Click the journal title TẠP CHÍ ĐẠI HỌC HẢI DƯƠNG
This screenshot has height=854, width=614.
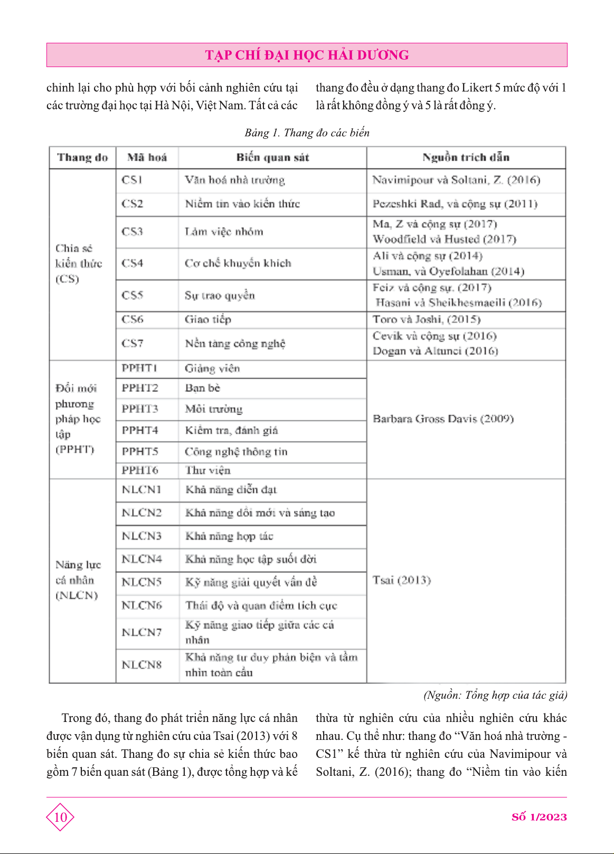[x=307, y=55]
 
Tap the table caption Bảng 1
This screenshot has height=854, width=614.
[x=307, y=133]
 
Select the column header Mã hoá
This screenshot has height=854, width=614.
[x=147, y=157]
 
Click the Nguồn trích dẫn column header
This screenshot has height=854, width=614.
[x=466, y=157]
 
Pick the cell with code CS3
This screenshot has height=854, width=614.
[x=132, y=232]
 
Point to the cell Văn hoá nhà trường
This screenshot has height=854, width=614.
[x=234, y=180]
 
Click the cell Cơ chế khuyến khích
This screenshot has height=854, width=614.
[x=238, y=263]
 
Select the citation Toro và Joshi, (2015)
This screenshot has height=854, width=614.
[x=426, y=320]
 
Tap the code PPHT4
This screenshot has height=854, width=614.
[x=140, y=430]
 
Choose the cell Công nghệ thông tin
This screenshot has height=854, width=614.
[x=236, y=452]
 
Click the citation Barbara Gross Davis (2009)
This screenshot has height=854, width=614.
[x=443, y=419]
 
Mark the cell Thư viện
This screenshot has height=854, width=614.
[x=207, y=470]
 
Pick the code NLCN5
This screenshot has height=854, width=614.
[x=141, y=582]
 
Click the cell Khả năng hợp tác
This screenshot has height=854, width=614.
[x=229, y=536]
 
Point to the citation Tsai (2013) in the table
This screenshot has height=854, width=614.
[x=401, y=580]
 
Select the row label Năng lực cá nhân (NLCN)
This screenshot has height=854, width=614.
[x=78, y=580]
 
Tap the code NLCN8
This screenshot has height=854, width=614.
[x=141, y=664]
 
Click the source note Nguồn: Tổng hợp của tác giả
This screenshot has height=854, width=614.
[x=495, y=695]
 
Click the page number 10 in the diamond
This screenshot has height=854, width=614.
[x=60, y=817]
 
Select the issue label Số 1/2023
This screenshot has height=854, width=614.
[x=539, y=817]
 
